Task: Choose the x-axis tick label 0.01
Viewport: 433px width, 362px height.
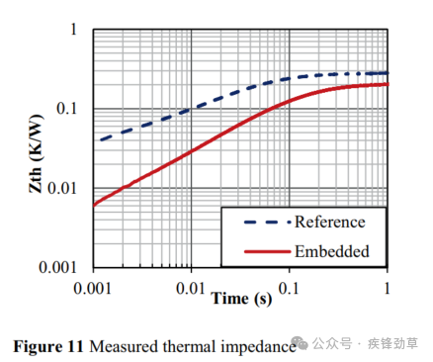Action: coord(191,288)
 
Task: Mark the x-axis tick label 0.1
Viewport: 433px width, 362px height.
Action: coord(290,288)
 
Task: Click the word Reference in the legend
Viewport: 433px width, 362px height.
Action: coord(329,222)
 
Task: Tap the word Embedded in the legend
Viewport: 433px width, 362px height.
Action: coord(331,251)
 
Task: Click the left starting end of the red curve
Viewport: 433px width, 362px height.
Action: coord(94,205)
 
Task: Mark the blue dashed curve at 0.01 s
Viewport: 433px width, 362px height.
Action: coord(191,109)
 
